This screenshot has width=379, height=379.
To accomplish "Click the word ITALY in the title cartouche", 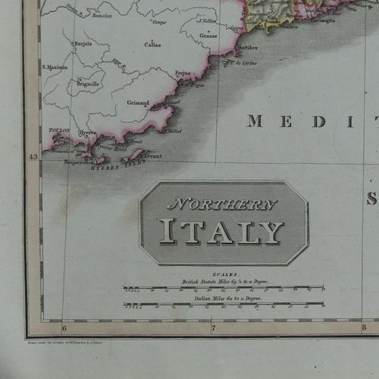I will point(221,231).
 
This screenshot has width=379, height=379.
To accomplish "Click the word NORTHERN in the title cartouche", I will point(221,205).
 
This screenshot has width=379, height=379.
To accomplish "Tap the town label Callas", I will point(152,45).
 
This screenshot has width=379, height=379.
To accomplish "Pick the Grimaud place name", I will point(138,102).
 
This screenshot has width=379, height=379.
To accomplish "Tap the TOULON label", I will point(59,130).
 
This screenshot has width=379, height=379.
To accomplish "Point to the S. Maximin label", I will point(55,67).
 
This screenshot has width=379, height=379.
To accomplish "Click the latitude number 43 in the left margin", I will point(33,157).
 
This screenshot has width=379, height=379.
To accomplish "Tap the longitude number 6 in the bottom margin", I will point(64,328).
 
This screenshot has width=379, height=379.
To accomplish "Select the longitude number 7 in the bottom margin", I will point(214,328).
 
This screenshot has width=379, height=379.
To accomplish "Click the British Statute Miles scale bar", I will point(224,289).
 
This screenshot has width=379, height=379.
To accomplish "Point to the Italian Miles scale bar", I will point(224,305).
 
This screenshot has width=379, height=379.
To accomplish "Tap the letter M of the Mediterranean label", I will point(255,121).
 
